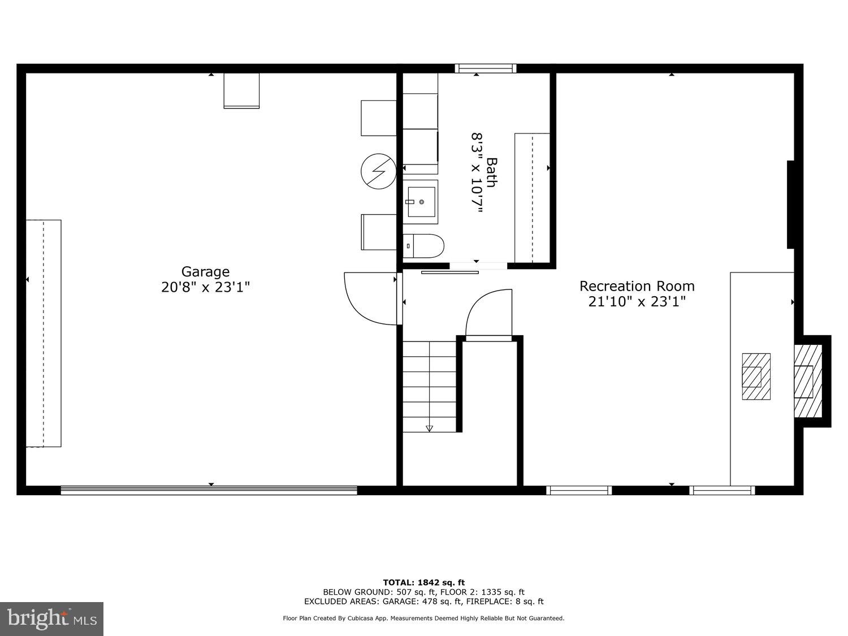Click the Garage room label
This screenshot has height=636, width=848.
(x=205, y=272)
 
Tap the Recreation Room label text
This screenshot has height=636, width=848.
(x=637, y=286)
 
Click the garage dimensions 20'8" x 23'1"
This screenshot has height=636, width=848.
(x=205, y=287)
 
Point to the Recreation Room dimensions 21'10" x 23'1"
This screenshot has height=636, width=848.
(x=637, y=301)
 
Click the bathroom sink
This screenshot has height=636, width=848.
(x=421, y=198)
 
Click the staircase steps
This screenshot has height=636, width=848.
(x=430, y=384)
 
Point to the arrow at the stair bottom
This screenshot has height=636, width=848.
(x=429, y=429)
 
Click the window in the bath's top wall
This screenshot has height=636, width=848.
(x=486, y=68)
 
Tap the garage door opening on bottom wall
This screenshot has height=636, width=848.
(x=209, y=490)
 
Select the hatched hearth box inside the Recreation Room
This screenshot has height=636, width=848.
(x=756, y=377)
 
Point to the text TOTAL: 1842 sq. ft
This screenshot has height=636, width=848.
(x=423, y=582)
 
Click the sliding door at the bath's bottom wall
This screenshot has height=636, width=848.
(x=450, y=272)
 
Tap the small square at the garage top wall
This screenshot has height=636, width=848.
(x=241, y=90)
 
